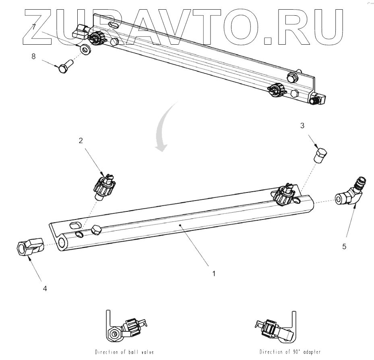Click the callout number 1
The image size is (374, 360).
pos(214,273)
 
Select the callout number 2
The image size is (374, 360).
pos(81,141)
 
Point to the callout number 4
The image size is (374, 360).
pos(45,288)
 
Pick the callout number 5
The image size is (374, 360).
pos(344,246)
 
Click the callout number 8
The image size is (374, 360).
pos(34,56)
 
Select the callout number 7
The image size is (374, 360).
pos(34,27)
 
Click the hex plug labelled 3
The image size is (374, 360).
pos(321,155)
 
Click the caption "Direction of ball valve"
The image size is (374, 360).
pos(124,352)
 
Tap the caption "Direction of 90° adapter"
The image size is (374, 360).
pos(290,352)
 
